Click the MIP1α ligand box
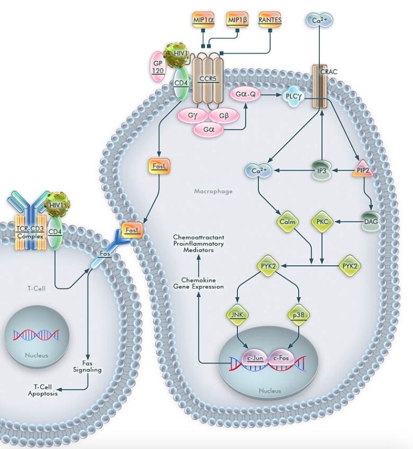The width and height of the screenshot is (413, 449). (x=203, y=21)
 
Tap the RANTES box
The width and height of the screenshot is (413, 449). (x=270, y=21)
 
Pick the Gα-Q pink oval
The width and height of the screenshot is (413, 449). (x=245, y=94)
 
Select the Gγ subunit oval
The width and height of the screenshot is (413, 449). (x=193, y=116)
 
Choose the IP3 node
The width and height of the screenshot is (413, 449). (x=320, y=171)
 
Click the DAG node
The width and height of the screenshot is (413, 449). (x=371, y=222)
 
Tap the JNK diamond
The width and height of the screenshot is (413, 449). (x=237, y=315)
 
